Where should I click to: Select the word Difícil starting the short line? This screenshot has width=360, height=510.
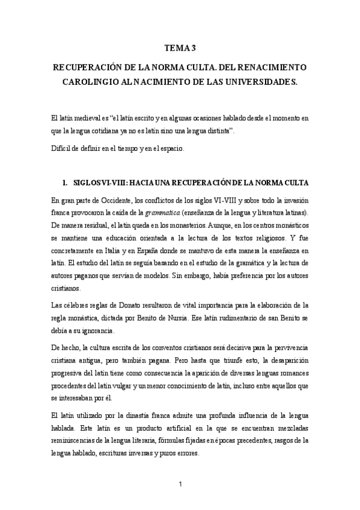pyautogui.click(x=61, y=147)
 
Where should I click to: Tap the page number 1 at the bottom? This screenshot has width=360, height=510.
pyautogui.click(x=180, y=482)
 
